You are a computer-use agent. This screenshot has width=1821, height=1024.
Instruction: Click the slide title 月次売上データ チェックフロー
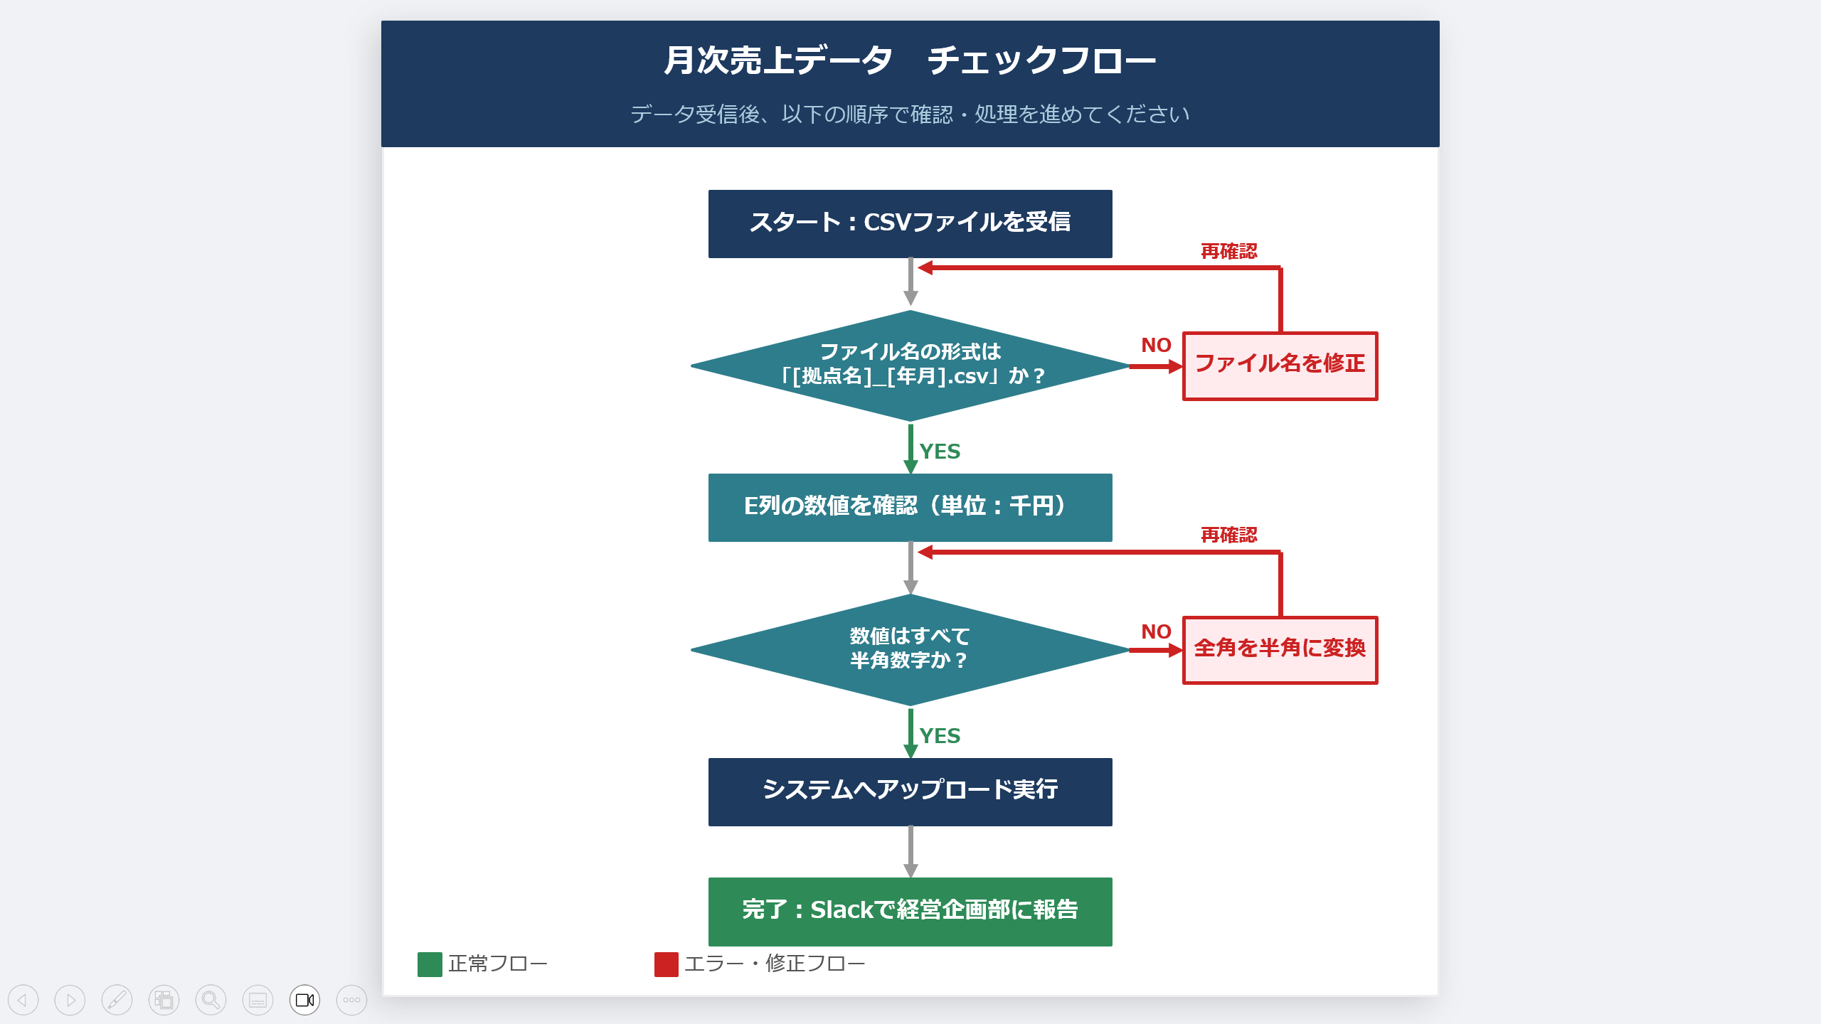tap(910, 60)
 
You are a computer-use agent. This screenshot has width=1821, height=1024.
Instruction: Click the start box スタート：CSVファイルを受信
tap(910, 223)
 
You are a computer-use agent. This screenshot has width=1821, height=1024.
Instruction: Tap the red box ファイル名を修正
tap(1280, 366)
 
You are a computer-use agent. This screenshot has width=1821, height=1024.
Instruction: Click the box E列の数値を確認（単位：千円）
tap(910, 507)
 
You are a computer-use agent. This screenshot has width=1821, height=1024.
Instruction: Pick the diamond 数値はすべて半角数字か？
tap(910, 649)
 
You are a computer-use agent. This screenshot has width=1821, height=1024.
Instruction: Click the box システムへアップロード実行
tap(910, 791)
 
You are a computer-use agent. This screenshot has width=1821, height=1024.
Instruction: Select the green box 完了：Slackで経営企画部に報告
tap(910, 911)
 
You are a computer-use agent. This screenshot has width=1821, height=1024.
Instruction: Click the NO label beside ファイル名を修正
tap(1156, 346)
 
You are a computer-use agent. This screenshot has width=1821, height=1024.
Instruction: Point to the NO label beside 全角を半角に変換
tap(1156, 631)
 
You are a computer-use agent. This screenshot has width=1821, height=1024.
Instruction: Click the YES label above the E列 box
tap(940, 452)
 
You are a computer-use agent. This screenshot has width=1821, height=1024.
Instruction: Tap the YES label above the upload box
tap(940, 736)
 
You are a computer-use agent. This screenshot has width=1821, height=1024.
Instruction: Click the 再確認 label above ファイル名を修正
tap(1228, 251)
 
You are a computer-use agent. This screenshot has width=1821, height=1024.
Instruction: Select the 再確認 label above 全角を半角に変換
tap(1228, 535)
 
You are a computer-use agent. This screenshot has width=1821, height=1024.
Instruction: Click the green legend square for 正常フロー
tap(430, 964)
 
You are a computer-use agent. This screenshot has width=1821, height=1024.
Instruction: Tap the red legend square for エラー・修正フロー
tap(666, 964)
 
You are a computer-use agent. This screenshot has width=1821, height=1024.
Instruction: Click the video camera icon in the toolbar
tap(304, 1000)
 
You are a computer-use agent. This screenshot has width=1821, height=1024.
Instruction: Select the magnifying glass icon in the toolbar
tap(211, 1000)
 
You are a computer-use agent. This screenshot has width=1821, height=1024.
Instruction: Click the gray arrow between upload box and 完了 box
tap(910, 852)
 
